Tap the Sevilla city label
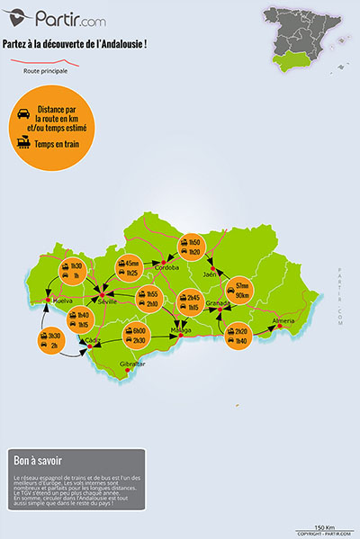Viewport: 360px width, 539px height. pos(109,302)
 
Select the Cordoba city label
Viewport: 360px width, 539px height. pos(168,267)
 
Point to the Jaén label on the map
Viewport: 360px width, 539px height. pos(211,274)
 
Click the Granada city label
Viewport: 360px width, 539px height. pos(218,303)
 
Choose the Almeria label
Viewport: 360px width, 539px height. pos(283,320)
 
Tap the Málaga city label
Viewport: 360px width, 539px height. pos(182,330)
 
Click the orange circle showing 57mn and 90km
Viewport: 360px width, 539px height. pos(241,291)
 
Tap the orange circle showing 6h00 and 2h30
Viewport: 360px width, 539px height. pos(138,335)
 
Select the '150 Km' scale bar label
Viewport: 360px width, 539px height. pos(325,526)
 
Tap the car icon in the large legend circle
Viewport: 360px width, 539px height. pos(21,112)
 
